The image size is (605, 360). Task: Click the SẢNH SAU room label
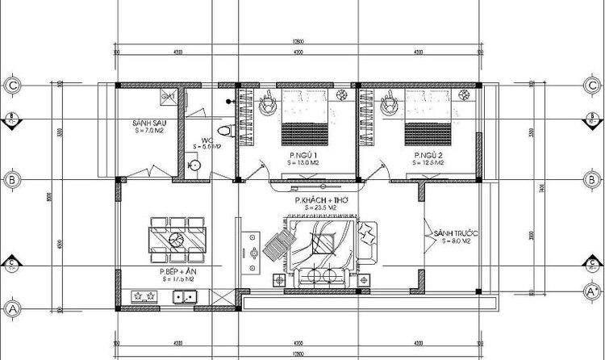[150, 123]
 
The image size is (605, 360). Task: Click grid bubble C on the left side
[11, 83]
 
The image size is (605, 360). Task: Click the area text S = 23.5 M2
[318, 207]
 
